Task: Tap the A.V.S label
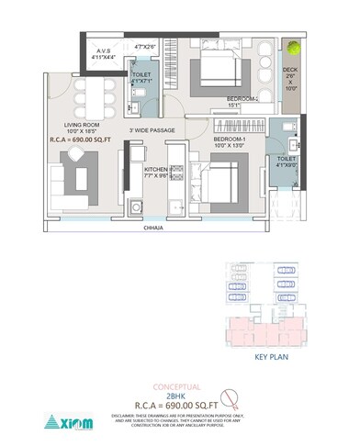coord(102,52)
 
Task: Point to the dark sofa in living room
coord(76,179)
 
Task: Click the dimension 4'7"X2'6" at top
coord(146,46)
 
